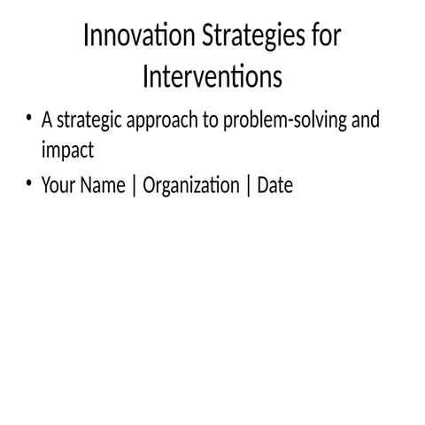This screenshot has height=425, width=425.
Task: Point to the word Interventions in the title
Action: tap(212, 76)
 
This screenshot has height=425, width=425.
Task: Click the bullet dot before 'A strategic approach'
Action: tap(29, 119)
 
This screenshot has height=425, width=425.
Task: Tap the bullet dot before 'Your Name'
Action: tap(29, 184)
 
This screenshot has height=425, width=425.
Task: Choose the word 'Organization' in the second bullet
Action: tap(190, 187)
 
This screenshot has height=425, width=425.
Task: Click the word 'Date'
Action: tap(274, 186)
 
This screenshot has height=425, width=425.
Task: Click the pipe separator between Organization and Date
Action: tap(248, 187)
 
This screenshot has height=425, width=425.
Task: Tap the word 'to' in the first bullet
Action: tap(212, 121)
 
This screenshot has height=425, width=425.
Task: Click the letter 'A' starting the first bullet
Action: tap(47, 120)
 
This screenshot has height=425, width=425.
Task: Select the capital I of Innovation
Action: tap(86, 37)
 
